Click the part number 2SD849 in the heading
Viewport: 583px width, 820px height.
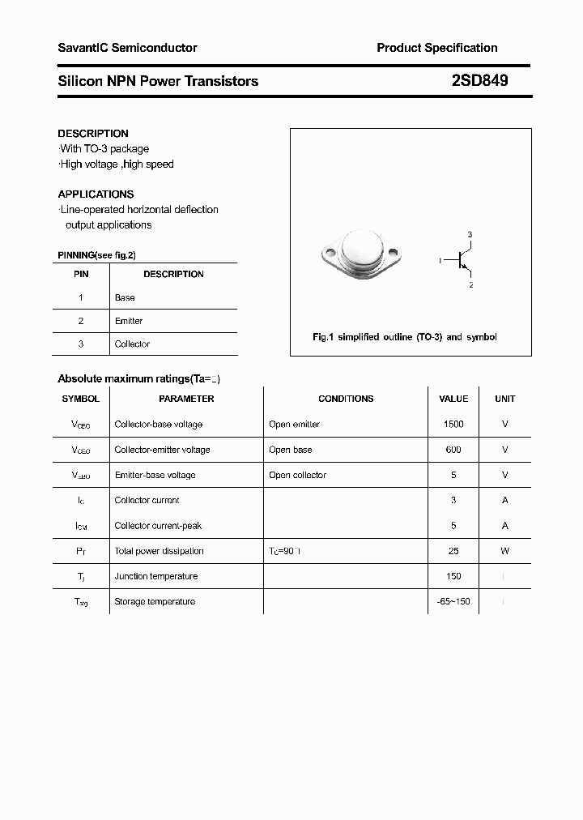click(479, 81)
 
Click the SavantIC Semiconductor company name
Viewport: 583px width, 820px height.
click(127, 48)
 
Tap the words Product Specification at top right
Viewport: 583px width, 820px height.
click(436, 48)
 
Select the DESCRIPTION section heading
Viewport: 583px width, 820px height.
click(93, 134)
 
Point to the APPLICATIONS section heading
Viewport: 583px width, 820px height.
click(96, 194)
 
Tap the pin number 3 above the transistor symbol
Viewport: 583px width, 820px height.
click(470, 235)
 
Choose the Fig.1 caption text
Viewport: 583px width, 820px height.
click(404, 337)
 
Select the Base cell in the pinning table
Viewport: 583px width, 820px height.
click(125, 298)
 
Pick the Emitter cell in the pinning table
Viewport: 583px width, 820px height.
click(129, 321)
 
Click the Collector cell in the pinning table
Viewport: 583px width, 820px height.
click(132, 344)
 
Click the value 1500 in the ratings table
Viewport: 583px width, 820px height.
click(453, 425)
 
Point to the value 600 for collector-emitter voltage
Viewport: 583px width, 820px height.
click(453, 450)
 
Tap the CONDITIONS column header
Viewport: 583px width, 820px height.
click(346, 399)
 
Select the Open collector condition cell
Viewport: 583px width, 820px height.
click(297, 475)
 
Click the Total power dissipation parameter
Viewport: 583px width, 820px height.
click(159, 551)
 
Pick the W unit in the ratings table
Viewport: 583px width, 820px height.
click(504, 551)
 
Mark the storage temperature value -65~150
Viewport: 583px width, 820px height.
click(453, 601)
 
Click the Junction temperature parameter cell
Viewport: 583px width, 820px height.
click(155, 576)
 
